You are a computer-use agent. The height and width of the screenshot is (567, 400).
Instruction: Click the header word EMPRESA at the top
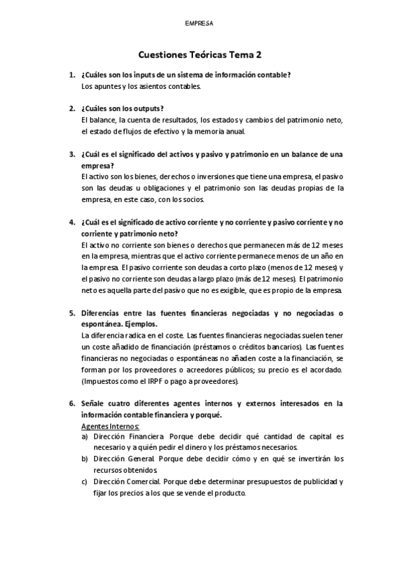pyautogui.click(x=199, y=23)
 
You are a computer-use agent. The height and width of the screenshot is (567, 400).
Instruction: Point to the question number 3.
pyautogui.click(x=71, y=154)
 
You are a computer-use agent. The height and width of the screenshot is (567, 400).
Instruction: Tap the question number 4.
pyautogui.click(x=71, y=221)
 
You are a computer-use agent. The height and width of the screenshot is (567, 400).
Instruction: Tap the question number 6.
pyautogui.click(x=71, y=403)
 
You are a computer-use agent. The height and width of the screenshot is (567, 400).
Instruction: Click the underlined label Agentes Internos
pyautogui.click(x=110, y=425)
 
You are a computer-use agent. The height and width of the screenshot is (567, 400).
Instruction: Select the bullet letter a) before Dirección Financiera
pyautogui.click(x=85, y=436)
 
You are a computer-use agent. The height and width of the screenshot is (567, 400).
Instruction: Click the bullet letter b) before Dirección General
pyautogui.click(x=85, y=459)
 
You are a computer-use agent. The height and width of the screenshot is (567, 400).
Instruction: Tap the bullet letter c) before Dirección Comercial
pyautogui.click(x=85, y=481)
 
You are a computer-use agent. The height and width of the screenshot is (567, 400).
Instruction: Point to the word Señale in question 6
pyautogui.click(x=95, y=403)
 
